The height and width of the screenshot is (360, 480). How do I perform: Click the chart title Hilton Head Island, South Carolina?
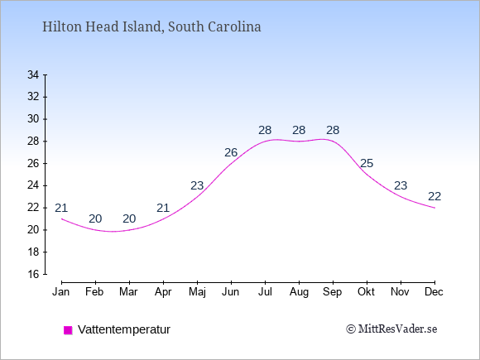coord(151,27)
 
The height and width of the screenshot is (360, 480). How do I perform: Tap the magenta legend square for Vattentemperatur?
coord(68,330)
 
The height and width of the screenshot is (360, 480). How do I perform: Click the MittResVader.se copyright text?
coord(391,329)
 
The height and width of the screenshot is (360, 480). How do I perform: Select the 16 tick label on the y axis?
coord(33,274)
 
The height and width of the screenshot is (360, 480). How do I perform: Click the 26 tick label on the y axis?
coord(33,163)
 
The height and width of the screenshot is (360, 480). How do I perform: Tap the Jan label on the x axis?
coord(61,292)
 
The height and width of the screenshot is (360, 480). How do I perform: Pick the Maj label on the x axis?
coord(197,292)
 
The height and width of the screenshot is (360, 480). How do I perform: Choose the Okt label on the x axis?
coord(366,292)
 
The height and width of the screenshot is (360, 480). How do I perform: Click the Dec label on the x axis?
coord(434,292)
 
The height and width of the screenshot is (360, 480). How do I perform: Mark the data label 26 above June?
coord(231,152)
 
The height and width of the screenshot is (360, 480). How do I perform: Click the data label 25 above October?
coord(367,164)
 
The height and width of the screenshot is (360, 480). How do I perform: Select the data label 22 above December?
coord(434,196)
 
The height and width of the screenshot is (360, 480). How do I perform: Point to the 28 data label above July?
coord(265,131)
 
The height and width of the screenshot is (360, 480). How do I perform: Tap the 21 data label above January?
coord(61,209)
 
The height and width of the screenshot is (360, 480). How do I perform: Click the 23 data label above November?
coord(401,185)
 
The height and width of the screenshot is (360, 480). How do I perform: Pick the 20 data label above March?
coord(129,218)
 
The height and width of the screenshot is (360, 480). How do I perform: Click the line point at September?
coord(333,142)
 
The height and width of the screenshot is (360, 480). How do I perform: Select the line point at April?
coord(163,218)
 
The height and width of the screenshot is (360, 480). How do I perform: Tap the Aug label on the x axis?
coord(299,292)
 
